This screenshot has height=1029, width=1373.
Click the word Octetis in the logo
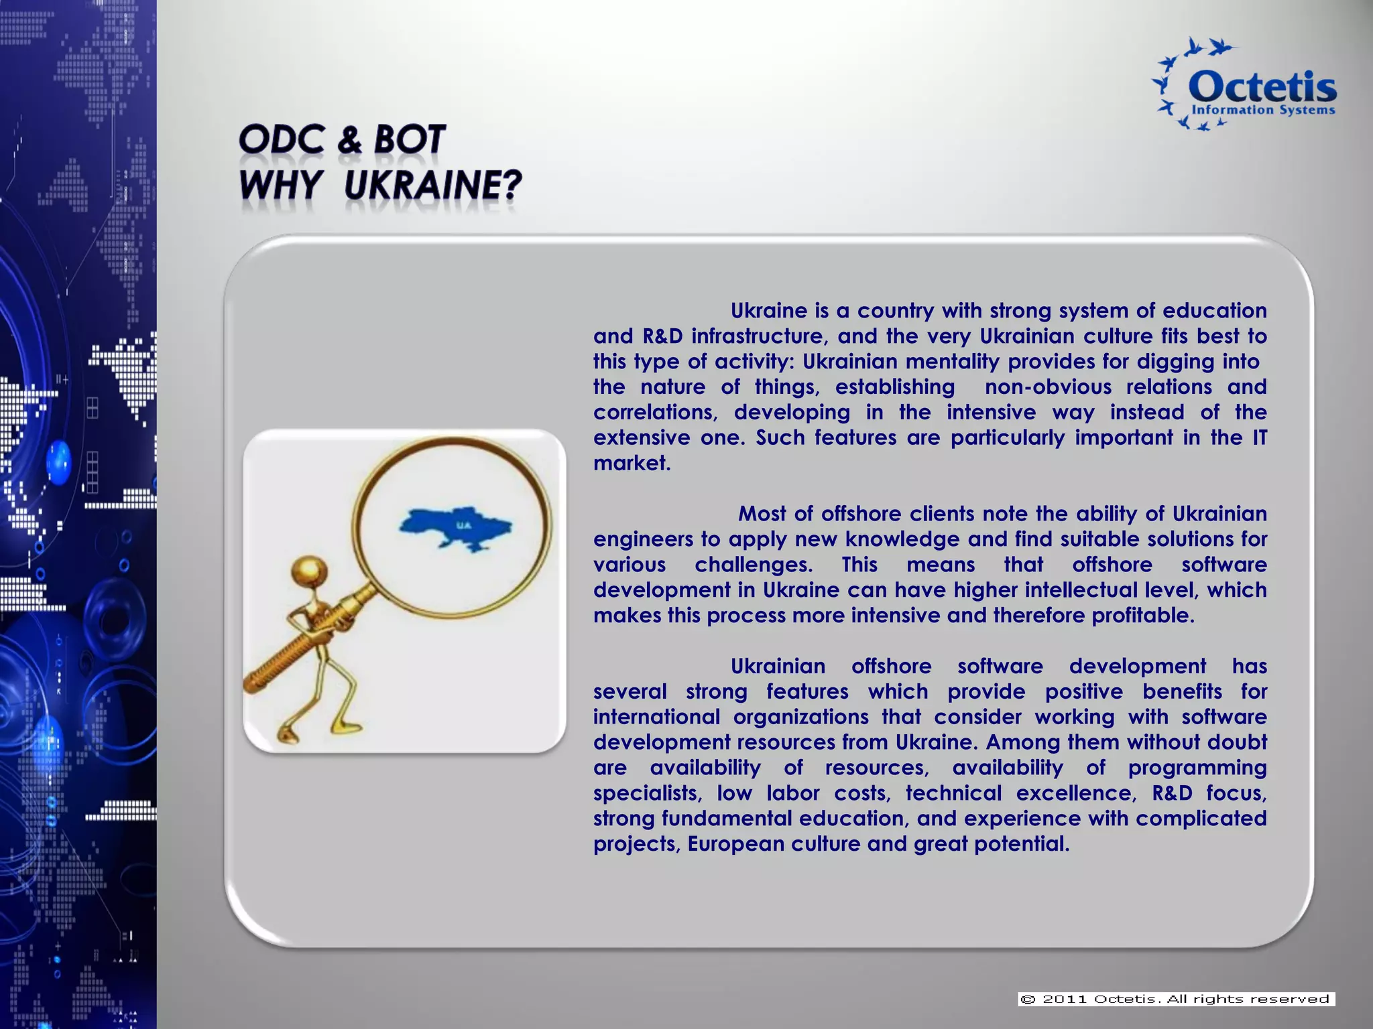(1262, 88)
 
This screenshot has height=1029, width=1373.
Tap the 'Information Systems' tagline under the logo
(1262, 110)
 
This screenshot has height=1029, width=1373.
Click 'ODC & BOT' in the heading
(341, 140)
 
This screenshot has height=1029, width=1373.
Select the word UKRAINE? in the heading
(432, 185)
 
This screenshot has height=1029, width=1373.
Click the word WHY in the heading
(280, 185)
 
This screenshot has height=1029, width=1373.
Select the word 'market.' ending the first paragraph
(632, 463)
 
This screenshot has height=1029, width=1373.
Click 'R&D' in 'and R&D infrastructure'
(662, 336)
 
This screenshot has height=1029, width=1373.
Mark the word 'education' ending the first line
(1214, 310)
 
